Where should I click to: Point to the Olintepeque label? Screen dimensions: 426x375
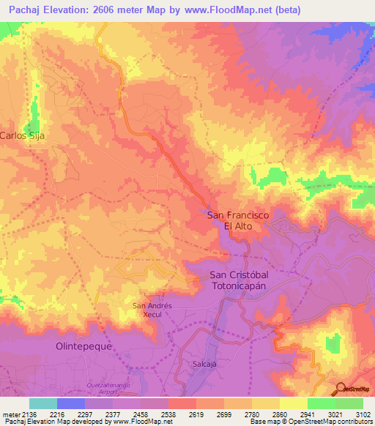83,346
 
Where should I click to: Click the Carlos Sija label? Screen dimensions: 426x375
18,135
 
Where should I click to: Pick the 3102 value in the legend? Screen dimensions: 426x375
363,414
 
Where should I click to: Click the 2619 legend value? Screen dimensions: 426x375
195,414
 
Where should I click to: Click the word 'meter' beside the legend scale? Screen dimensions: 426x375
9,414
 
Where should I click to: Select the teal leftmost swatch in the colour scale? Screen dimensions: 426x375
43,403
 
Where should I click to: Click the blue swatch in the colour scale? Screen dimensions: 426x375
71,403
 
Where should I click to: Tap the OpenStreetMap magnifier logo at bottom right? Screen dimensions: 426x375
338,389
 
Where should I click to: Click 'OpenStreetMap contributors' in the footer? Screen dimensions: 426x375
333,422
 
